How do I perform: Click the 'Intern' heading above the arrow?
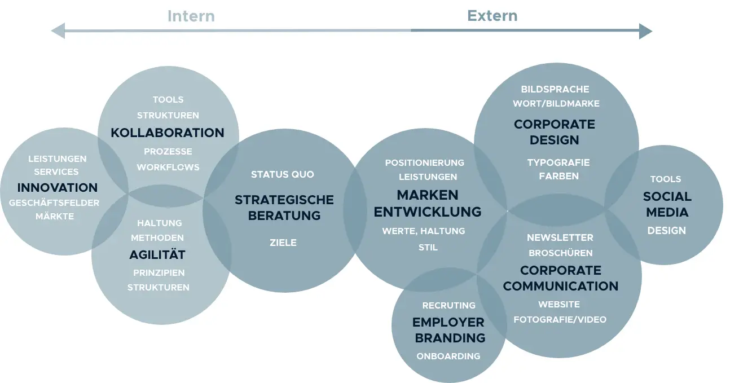coord(191,16)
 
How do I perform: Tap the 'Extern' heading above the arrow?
coord(492,16)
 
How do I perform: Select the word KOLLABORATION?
coord(168,133)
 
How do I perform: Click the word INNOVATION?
coord(58,188)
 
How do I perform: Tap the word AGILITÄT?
coord(157,255)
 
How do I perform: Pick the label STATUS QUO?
coord(283,174)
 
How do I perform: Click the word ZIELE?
coord(283,243)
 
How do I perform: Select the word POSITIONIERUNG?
coord(425,162)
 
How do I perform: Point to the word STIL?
coord(428,247)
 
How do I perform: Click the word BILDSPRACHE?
coord(555,89)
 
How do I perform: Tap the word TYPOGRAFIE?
coord(558,162)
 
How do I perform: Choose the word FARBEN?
coord(558,176)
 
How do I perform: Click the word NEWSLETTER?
coord(560,237)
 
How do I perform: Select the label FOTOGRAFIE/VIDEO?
coord(560,319)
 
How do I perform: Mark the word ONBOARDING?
coord(448,356)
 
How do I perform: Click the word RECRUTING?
coord(448,305)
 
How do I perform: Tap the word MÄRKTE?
coord(55,216)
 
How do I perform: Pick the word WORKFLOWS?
coord(168,167)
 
